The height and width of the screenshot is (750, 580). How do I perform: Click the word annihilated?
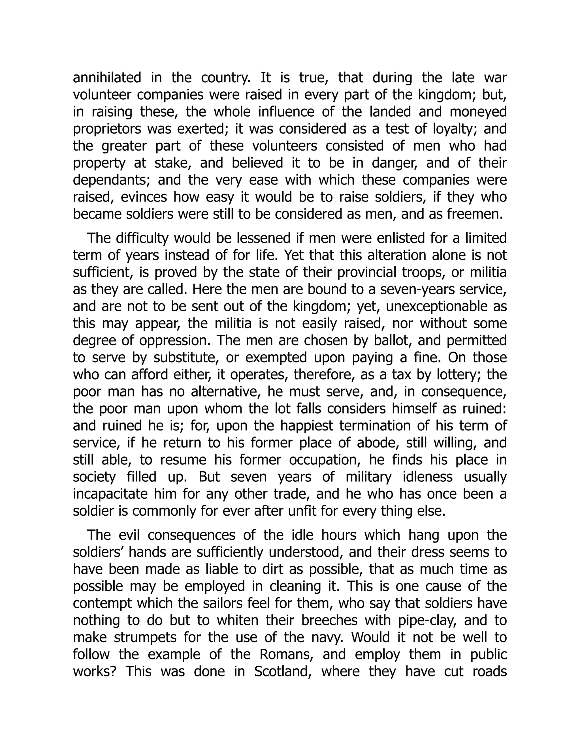pyautogui.click(x=107, y=78)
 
